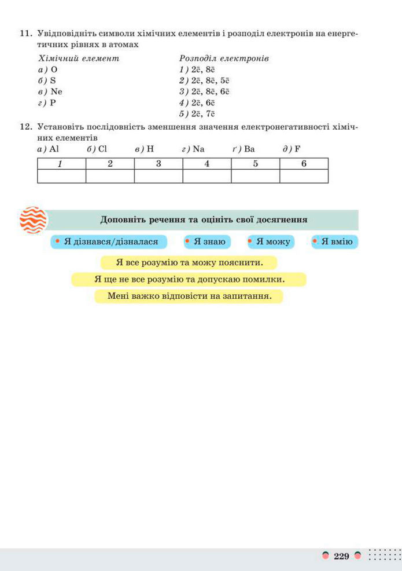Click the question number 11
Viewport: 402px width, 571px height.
(25, 34)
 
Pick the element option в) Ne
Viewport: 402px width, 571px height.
(50, 91)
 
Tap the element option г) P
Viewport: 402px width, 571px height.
(47, 103)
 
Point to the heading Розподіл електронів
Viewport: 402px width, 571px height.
(224, 58)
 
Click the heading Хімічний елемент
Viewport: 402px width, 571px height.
(78, 58)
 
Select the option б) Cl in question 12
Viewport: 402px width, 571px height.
(97, 149)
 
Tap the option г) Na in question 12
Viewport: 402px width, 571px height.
(193, 149)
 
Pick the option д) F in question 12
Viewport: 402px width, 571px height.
(292, 149)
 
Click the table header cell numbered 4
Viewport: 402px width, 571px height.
(206, 163)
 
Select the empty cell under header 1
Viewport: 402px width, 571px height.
(61, 176)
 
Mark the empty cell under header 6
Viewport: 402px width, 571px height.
(304, 176)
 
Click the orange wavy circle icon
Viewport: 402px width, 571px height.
(34, 221)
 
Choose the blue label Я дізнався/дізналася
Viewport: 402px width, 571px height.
(109, 241)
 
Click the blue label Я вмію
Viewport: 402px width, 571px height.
(334, 241)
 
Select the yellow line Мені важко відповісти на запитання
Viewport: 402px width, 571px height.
(189, 297)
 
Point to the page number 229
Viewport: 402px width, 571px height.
(341, 557)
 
